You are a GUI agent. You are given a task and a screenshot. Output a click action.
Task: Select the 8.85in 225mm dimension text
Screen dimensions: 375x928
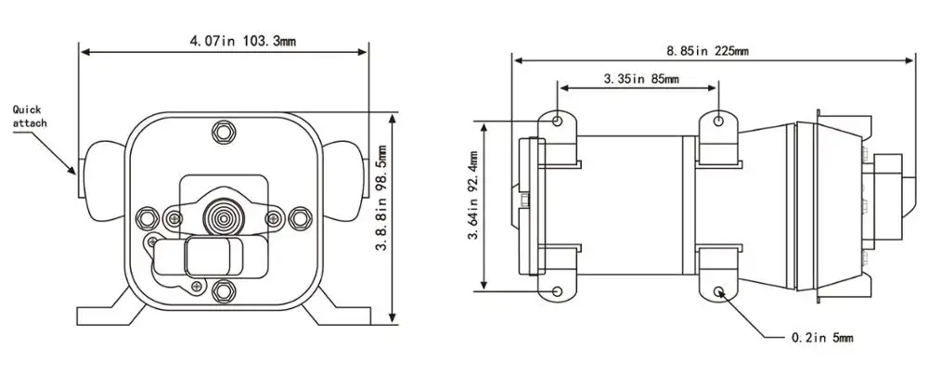708,50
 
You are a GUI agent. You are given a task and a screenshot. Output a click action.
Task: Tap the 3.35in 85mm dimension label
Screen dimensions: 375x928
640,79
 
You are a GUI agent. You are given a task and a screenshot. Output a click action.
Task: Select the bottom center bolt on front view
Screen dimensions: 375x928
223,293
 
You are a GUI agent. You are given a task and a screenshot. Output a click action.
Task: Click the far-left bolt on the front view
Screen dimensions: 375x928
146,219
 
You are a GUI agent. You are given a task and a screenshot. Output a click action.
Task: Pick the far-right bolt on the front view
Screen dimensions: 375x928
299,219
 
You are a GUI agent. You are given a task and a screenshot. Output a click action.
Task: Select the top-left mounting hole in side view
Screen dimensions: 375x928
557,122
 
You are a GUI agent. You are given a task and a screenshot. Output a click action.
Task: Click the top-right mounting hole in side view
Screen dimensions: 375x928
719,122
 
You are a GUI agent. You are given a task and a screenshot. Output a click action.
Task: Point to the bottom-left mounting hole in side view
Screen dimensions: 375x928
557,291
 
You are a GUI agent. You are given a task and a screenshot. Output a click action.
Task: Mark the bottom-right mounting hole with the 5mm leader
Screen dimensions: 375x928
719,291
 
